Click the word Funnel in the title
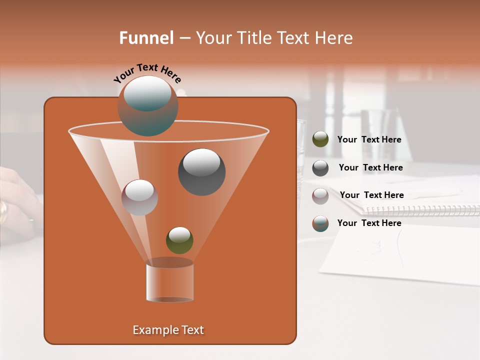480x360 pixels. tap(146, 38)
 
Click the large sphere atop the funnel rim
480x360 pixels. tap(148, 106)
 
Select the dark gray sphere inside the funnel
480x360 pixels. tap(201, 172)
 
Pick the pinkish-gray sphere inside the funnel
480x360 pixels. tap(139, 197)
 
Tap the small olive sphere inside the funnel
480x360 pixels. tap(179, 240)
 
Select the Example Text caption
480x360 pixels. tap(168, 330)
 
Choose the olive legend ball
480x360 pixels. tap(320, 139)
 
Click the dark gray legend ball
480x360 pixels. tap(320, 168)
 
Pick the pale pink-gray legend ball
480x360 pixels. tap(320, 195)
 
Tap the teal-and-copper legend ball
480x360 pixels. tap(320, 223)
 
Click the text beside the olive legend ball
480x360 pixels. tap(369, 140)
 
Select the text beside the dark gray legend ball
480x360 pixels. tap(370, 168)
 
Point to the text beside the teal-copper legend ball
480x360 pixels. tap(369, 223)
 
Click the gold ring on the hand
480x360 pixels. tap(3, 211)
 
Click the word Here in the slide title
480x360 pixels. tap(334, 38)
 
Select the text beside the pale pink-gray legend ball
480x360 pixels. tap(371, 195)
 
